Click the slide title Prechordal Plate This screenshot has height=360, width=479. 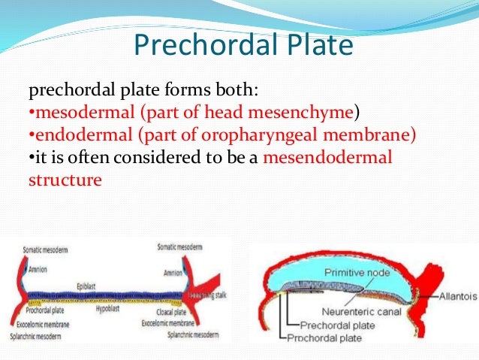(243, 46)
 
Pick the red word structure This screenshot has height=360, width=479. (65, 180)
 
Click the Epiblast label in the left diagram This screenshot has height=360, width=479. (89, 286)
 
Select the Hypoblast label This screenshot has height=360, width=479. (110, 309)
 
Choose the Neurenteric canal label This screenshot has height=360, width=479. (365, 311)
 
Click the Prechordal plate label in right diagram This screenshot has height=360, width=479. (336, 325)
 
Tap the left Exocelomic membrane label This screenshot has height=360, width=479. (46, 322)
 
